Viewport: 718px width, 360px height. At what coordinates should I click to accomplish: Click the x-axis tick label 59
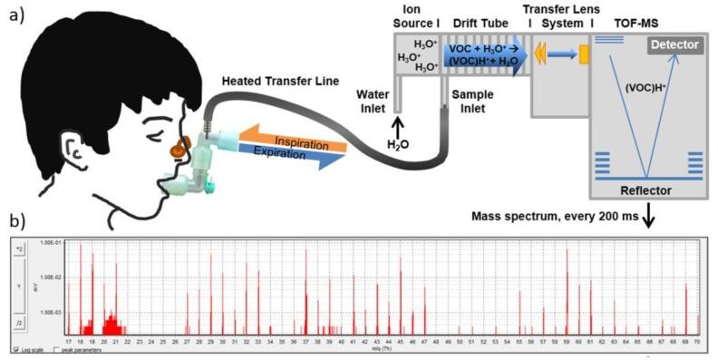click(568, 342)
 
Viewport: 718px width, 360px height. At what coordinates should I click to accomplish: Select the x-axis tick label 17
click(69, 342)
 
